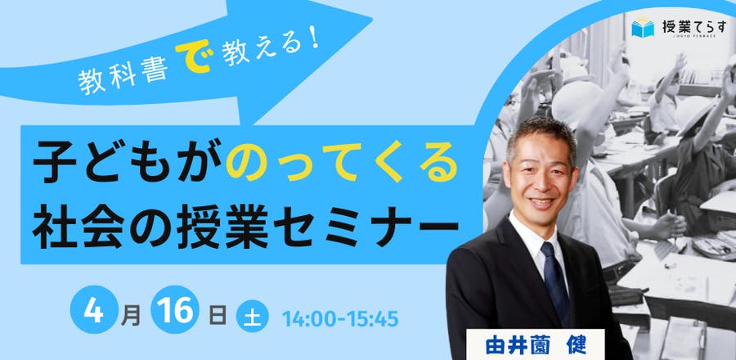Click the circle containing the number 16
coord(175,309)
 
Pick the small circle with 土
coord(252,316)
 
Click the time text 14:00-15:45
coord(340,319)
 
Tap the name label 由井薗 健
coord(536,346)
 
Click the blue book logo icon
coord(643,27)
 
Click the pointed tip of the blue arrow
coord(372,21)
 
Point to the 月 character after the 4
coord(130,316)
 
